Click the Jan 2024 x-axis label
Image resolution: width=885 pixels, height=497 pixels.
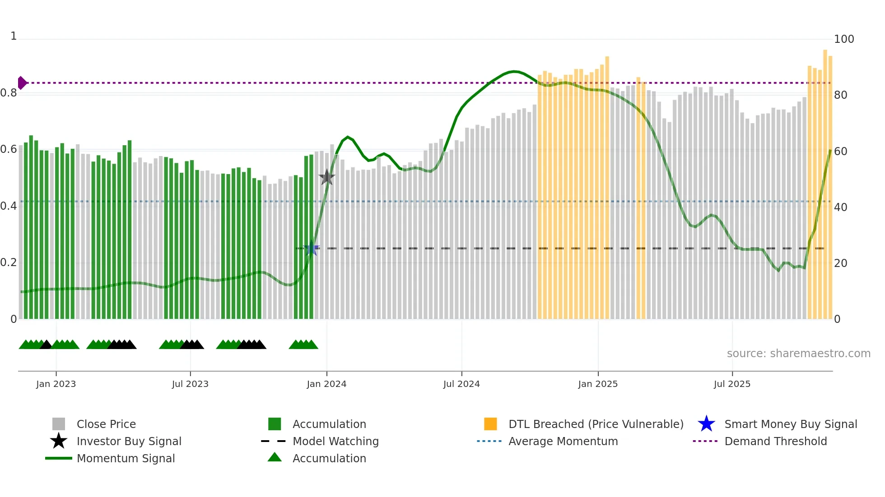(x=326, y=384)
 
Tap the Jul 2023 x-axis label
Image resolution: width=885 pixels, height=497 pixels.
(x=190, y=384)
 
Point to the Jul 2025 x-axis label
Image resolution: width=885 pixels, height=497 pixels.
(x=732, y=384)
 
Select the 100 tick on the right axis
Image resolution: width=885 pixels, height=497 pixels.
(x=843, y=39)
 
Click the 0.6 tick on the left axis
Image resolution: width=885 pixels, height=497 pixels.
(x=9, y=149)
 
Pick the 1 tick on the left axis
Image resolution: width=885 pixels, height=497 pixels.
(x=14, y=36)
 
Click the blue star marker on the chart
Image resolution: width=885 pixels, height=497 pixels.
(x=311, y=248)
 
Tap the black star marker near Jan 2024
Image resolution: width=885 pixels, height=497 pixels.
(x=326, y=177)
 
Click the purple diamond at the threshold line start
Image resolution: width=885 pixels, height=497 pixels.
(x=22, y=83)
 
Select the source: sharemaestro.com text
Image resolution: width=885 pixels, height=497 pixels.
(x=798, y=354)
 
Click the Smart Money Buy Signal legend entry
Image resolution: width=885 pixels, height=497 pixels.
(x=790, y=424)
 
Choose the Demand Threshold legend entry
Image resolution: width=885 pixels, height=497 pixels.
(x=775, y=442)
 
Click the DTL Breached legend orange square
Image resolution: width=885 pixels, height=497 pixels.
(x=490, y=424)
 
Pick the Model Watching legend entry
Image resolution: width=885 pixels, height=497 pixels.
(x=335, y=442)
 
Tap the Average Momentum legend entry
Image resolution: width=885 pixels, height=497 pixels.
(x=563, y=442)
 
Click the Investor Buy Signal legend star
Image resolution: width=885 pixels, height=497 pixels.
(x=59, y=441)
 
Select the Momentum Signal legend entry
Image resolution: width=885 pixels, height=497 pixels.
(x=126, y=459)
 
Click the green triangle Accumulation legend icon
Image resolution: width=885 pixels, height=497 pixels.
(x=275, y=458)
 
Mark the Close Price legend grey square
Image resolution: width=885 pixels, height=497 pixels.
(x=59, y=424)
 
